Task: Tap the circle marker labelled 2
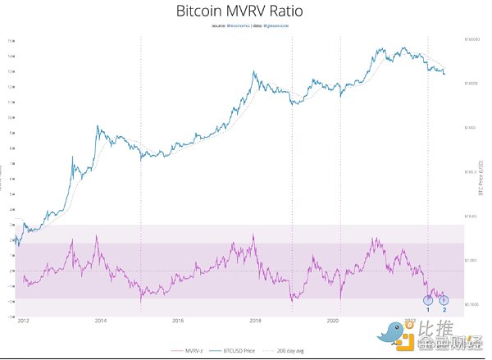(444, 299)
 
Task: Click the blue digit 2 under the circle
(444, 310)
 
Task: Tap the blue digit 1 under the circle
(427, 310)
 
